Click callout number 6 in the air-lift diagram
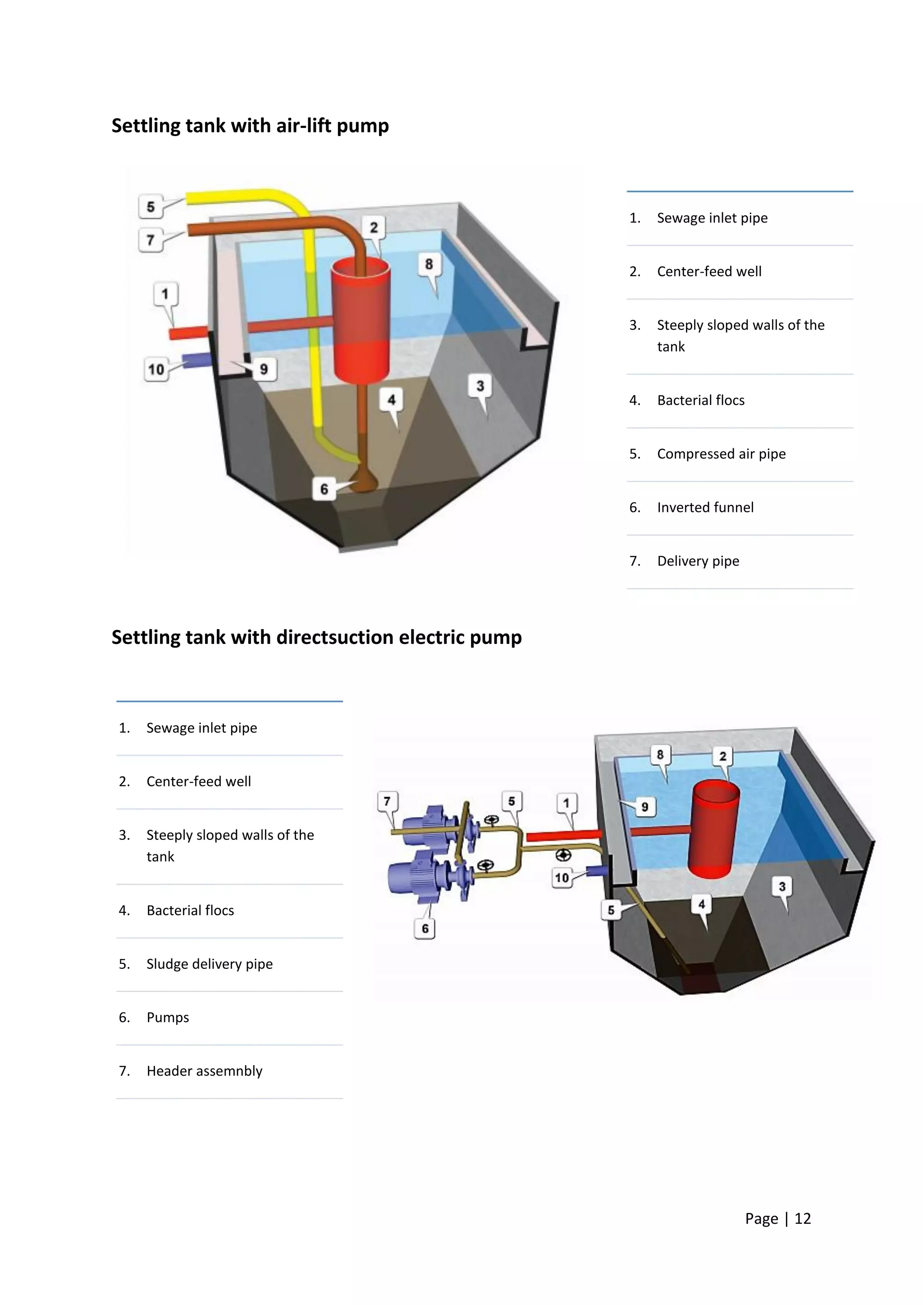324,489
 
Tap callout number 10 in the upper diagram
156,370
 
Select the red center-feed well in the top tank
361,318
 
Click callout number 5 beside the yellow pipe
151,206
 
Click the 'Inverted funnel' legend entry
705,507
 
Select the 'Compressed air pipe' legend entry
721,454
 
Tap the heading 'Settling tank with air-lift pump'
250,126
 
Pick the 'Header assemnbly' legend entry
204,1071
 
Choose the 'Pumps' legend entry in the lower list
168,1018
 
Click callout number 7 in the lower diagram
387,801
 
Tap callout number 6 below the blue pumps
425,929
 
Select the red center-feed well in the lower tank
713,830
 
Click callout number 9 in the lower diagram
644,807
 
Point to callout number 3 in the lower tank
782,887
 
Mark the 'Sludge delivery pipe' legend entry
209,964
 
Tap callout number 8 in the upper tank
429,264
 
